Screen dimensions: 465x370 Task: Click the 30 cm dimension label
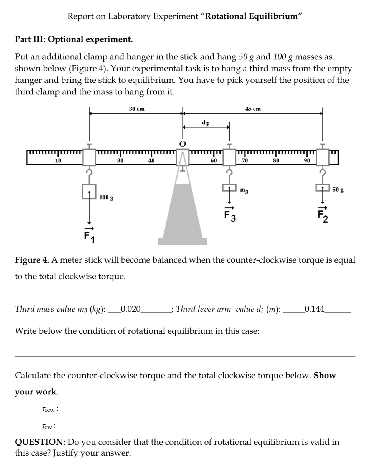[x=136, y=109]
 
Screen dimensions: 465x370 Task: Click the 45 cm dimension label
[x=253, y=109]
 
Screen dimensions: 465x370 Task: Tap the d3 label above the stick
[x=206, y=122]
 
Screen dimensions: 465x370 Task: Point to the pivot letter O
[x=182, y=144]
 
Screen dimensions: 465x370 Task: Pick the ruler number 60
[x=214, y=160]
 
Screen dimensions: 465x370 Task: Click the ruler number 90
[x=307, y=160]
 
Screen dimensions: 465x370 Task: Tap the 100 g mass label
[x=106, y=198]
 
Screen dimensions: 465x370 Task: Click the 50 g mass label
[x=338, y=190]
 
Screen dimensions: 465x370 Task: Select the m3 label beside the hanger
[x=244, y=191]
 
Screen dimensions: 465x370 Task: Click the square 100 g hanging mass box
[x=89, y=191]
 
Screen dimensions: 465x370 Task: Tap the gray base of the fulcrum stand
[x=183, y=241]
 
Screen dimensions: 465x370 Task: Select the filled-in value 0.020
[x=131, y=309]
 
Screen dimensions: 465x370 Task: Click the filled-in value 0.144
[x=314, y=309]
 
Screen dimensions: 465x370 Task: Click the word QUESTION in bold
[x=40, y=442]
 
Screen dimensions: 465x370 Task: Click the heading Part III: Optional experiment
[x=74, y=39]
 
